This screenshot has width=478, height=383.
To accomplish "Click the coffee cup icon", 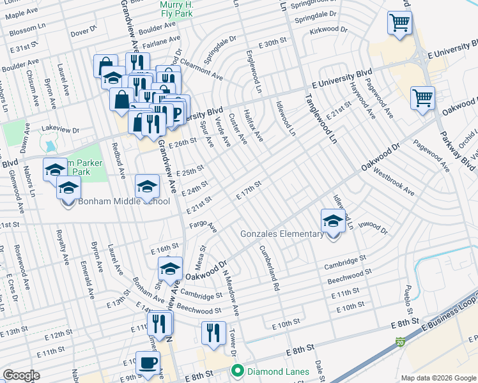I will click(x=148, y=363).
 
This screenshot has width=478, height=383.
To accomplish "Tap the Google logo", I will click(x=21, y=375).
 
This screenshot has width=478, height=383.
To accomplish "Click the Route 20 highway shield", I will click(x=400, y=342).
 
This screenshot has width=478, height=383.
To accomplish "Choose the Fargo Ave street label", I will click(x=203, y=227).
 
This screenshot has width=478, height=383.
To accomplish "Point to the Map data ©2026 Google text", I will click(x=438, y=378).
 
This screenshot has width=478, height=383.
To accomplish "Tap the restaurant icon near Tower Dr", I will click(x=213, y=333).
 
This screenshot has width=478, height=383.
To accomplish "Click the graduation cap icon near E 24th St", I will click(x=147, y=187).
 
